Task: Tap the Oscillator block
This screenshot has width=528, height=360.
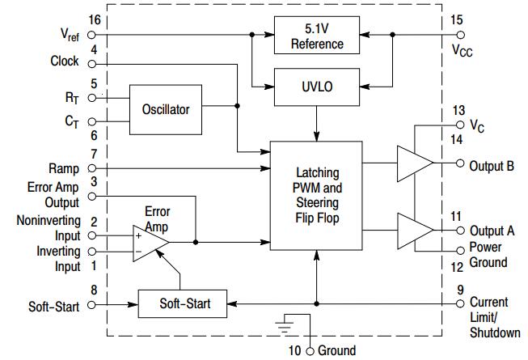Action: pos(166,108)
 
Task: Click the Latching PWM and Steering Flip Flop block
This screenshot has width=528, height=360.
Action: pos(316,196)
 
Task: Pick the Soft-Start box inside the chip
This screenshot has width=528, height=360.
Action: pos(184,304)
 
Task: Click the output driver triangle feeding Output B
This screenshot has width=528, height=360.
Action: pos(414,163)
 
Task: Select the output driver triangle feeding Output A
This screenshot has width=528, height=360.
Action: pos(414,230)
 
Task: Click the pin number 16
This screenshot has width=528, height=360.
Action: pos(95,19)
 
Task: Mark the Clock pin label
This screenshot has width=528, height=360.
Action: pos(65,61)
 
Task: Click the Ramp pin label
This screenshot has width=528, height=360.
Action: pos(65,169)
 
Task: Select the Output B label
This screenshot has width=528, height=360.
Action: pos(492,166)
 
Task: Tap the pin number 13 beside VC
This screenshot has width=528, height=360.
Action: pos(458,111)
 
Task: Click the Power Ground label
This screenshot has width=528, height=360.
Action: pos(488,255)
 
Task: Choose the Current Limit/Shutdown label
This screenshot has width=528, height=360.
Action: pos(490,317)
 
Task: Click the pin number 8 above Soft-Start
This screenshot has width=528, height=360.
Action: pos(95,289)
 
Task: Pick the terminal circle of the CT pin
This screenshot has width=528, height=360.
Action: pos(91,124)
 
